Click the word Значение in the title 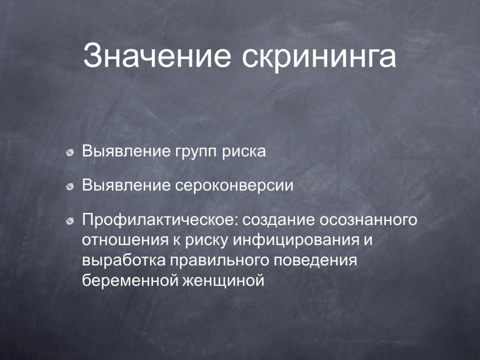click(157, 55)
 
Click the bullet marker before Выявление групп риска click(70, 152)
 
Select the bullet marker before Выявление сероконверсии click(70, 187)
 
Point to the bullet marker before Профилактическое click(70, 221)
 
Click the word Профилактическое click(160, 220)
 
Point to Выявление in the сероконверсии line click(126, 186)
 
